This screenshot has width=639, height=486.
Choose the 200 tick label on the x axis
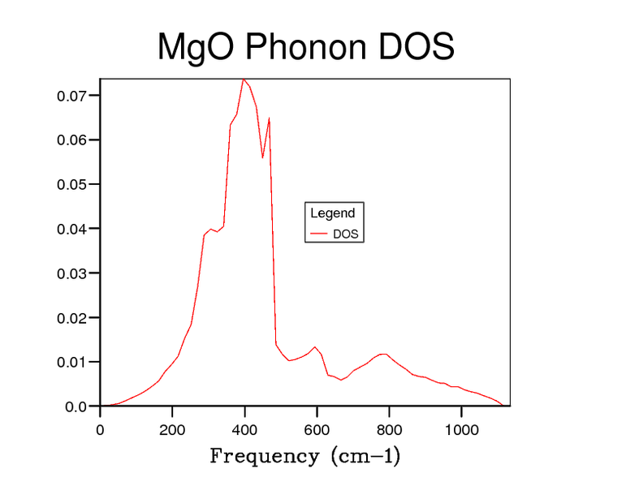point(172,429)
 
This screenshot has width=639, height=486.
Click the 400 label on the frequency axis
point(244,429)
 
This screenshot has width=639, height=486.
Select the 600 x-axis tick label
point(317,429)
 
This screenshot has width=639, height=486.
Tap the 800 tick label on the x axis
point(389,429)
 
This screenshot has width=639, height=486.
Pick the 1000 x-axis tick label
point(461,429)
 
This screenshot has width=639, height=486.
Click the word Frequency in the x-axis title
point(264,456)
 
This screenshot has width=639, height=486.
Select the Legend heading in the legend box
point(333,213)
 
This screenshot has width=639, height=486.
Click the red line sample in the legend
point(318,234)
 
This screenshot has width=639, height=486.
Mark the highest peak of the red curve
point(243,79)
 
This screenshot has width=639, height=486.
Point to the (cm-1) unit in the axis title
point(364,456)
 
